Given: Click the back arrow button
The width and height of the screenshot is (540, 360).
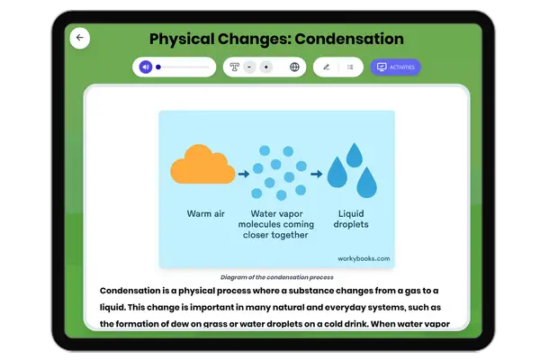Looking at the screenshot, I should [x=80, y=39].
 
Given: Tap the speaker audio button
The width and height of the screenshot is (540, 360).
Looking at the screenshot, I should [x=145, y=67].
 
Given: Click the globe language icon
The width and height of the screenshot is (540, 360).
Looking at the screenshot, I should [x=294, y=67].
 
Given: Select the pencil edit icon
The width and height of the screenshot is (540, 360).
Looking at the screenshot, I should [x=326, y=67].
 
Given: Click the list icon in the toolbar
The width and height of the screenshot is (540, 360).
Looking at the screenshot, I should [x=349, y=67].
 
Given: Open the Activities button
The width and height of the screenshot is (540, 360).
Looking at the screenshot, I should [x=395, y=67].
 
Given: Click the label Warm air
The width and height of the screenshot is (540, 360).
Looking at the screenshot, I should [x=204, y=213].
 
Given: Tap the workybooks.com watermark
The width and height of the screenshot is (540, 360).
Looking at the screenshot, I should [x=364, y=258].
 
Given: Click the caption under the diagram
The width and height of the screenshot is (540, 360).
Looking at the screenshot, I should [x=276, y=277].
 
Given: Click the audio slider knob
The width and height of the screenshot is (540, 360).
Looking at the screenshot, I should [x=158, y=67].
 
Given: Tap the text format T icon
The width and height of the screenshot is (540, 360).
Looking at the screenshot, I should [x=235, y=67].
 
